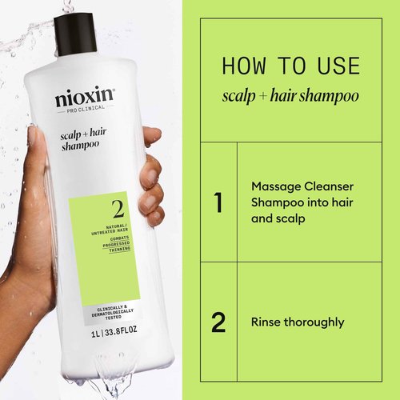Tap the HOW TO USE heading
tap(290, 65)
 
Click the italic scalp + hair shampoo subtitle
tap(290, 96)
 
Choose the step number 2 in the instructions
tap(218, 322)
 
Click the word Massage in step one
tap(277, 185)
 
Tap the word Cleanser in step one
tap(330, 185)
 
